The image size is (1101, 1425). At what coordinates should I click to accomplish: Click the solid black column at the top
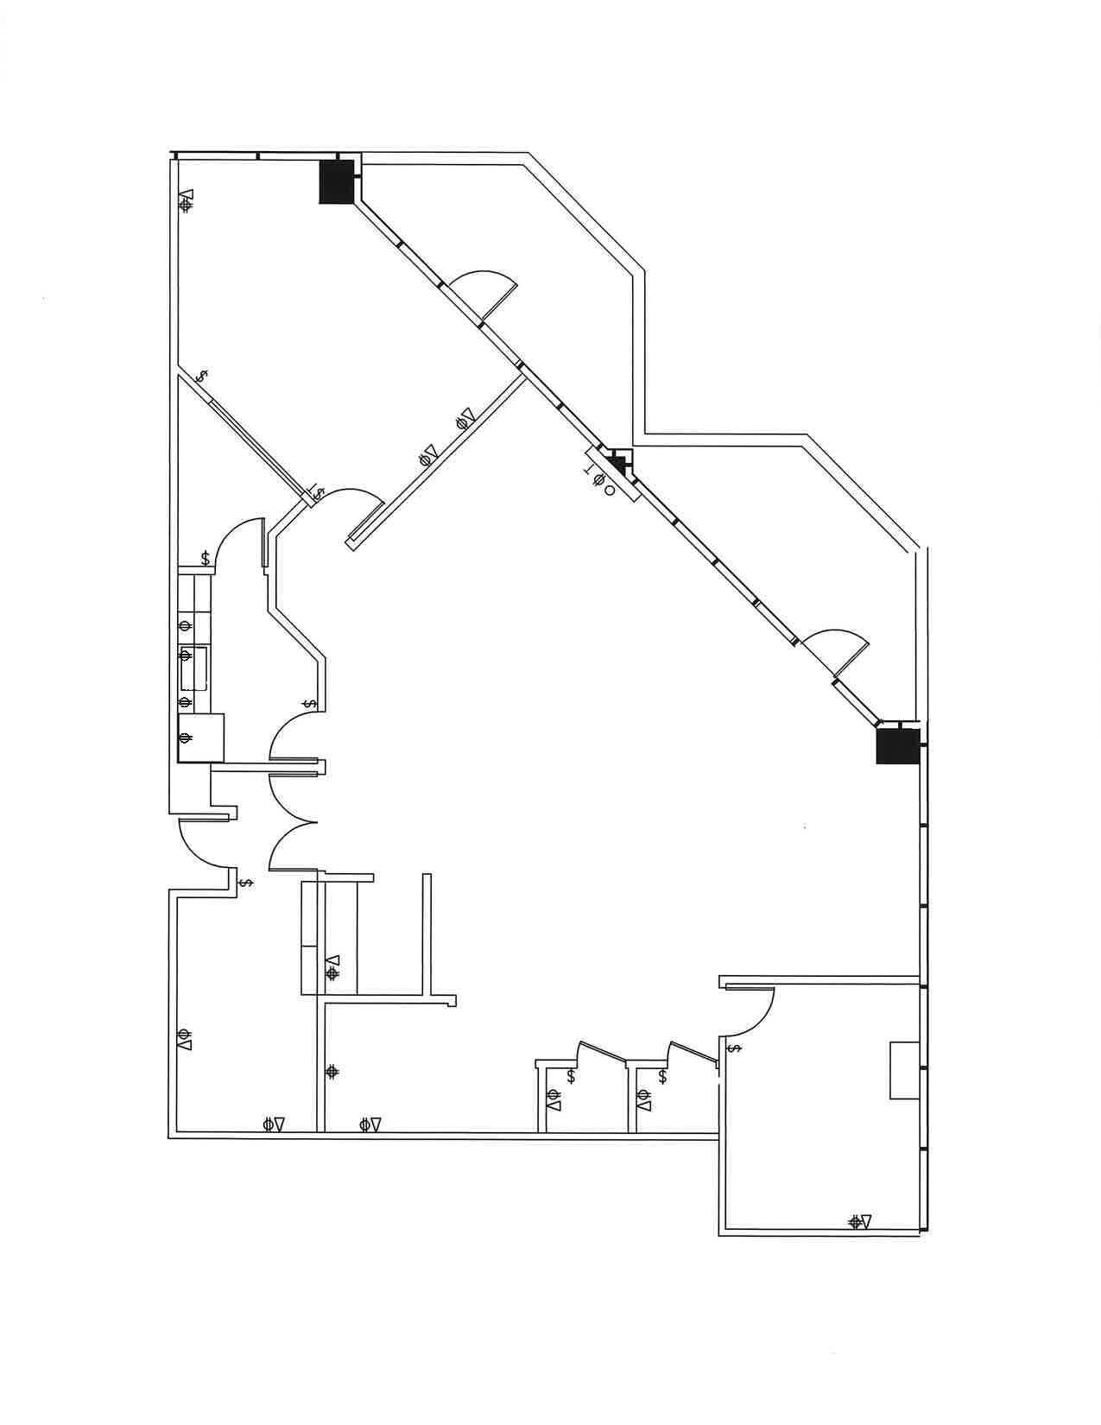pyautogui.click(x=337, y=181)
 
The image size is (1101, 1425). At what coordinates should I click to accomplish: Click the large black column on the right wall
pyautogui.click(x=895, y=746)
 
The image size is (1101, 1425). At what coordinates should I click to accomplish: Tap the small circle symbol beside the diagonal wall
pyautogui.click(x=610, y=491)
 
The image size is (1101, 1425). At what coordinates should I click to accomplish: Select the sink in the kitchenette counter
pyautogui.click(x=193, y=668)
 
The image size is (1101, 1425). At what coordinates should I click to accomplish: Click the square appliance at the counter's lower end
pyautogui.click(x=200, y=738)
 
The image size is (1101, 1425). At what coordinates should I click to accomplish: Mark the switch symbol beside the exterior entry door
pyautogui.click(x=246, y=883)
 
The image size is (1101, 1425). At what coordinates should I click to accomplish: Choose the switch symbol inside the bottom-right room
pyautogui.click(x=735, y=1048)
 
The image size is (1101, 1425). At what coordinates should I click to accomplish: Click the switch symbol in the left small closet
pyautogui.click(x=572, y=1077)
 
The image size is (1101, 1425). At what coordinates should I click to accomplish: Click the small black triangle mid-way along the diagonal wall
pyautogui.click(x=617, y=462)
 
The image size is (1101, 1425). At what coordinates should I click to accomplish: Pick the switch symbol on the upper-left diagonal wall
pyautogui.click(x=202, y=377)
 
